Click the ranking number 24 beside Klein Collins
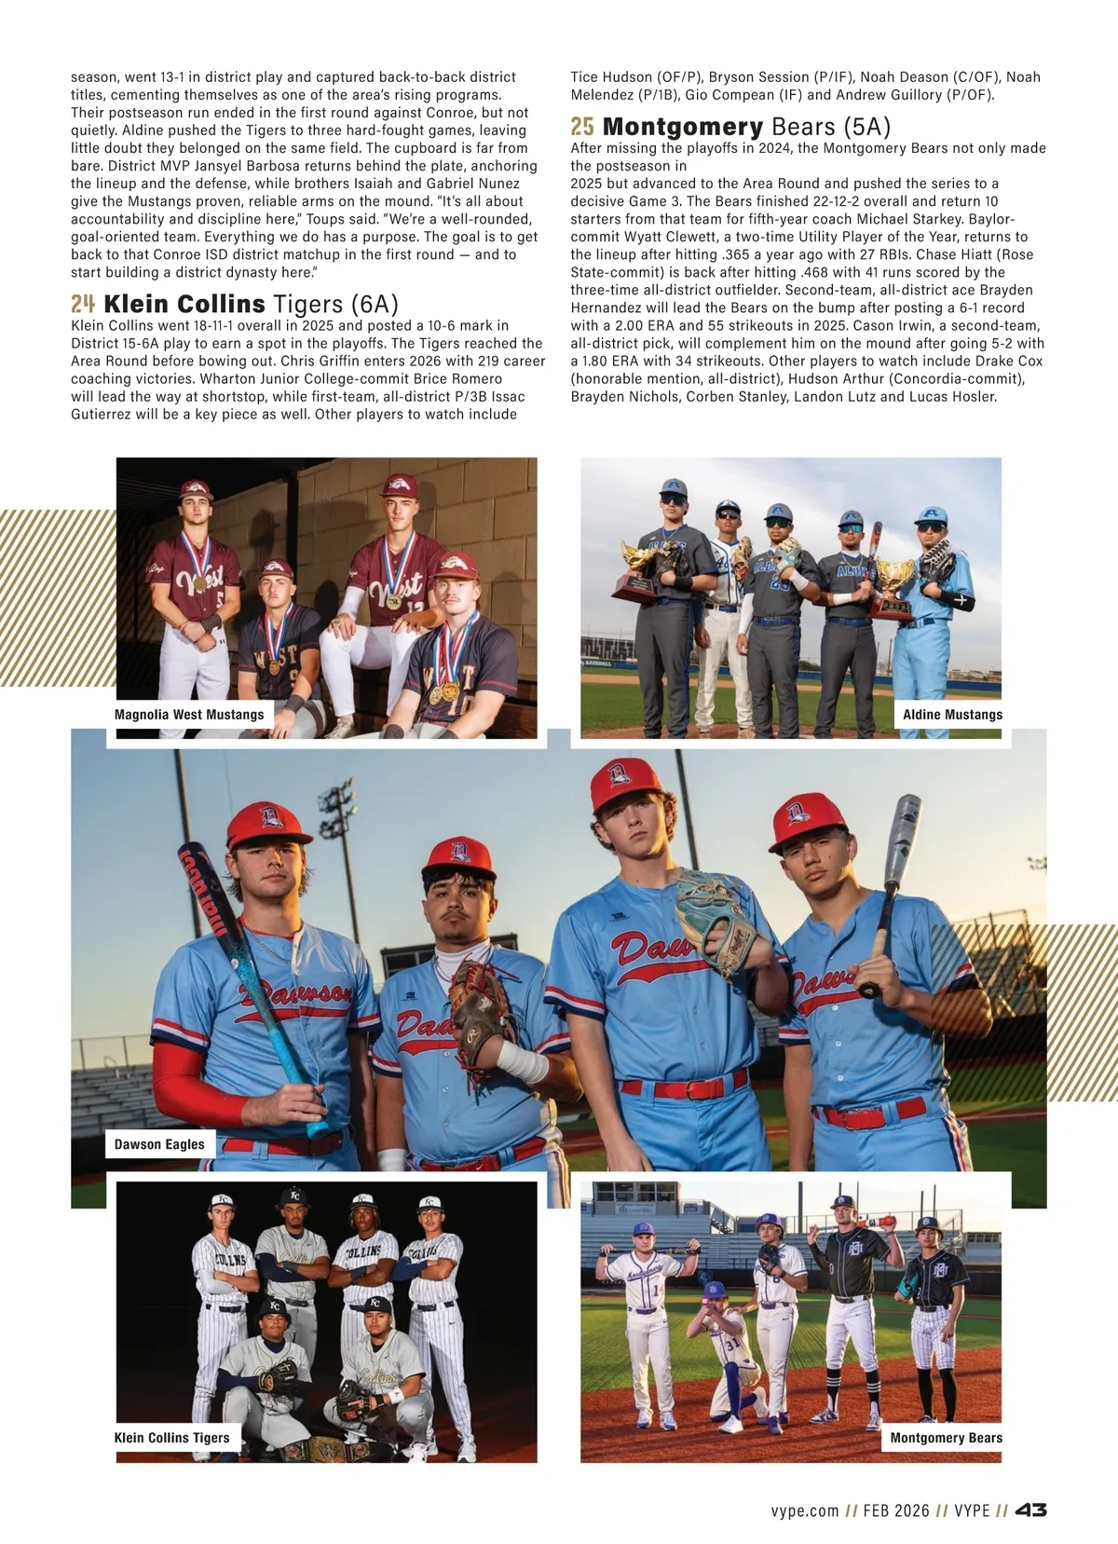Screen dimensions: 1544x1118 83,304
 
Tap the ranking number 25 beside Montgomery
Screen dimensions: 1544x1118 582,126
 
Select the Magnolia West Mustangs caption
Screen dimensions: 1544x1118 189,715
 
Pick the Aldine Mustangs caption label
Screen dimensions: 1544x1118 952,715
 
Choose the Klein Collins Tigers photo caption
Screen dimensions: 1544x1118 171,1438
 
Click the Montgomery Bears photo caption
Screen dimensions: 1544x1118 946,1438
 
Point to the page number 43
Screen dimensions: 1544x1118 1030,1510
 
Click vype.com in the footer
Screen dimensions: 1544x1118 805,1510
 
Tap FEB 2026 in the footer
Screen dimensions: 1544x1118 896,1510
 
